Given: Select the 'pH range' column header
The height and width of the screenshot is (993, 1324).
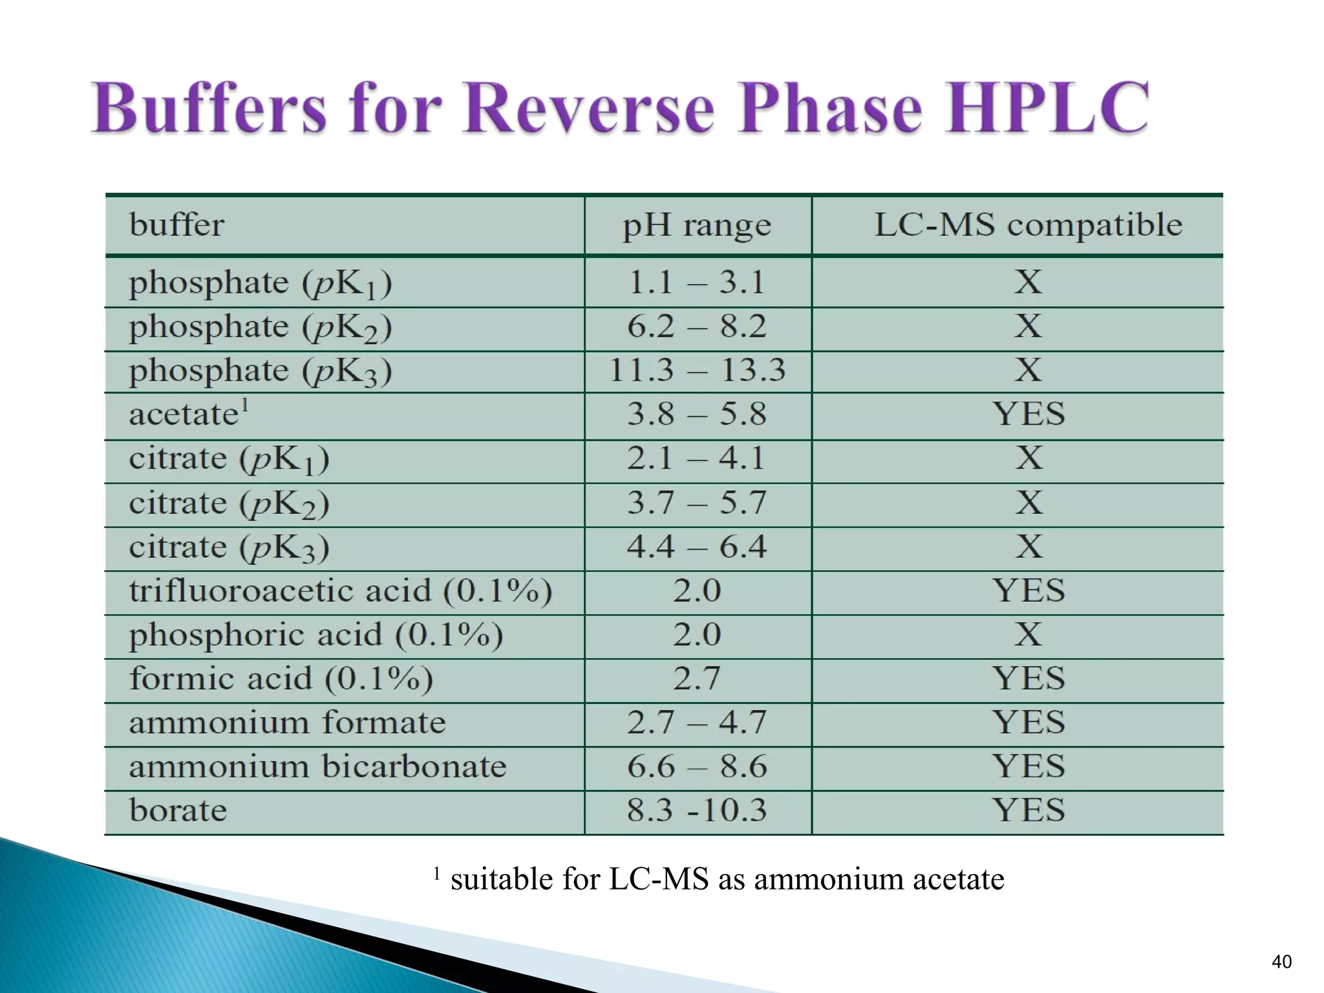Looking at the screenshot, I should pos(697,226).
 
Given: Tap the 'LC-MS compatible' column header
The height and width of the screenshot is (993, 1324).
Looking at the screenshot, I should pos(1028,225).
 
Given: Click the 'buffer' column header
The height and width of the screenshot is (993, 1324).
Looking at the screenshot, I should pos(176,226).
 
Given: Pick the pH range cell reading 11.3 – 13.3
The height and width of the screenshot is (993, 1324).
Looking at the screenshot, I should pos(697,370).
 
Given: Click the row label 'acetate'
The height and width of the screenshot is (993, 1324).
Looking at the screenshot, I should pos(184,414).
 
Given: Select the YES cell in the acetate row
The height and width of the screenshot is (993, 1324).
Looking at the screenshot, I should pos(1028,414).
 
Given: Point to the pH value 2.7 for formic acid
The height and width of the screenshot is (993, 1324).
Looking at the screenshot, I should pos(696,679).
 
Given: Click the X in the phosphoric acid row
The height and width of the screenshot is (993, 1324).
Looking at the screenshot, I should pos(1028,635).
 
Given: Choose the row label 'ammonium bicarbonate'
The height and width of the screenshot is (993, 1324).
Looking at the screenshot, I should pos(317,767).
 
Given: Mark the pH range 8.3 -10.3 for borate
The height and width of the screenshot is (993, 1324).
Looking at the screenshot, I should pos(697,811).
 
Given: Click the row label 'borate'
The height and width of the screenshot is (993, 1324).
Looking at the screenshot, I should pos(178,811).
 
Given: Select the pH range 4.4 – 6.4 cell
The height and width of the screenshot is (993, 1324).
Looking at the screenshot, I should pos(697,547).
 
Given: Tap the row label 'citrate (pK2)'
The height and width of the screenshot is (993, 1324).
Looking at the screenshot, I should pos(229,504).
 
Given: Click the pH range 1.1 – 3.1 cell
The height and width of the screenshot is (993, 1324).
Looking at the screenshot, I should pos(697,283).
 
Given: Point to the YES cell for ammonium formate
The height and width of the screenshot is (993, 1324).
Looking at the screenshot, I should pos(1028,723).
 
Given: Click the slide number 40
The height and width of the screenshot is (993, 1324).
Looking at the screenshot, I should pos(1281,962).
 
